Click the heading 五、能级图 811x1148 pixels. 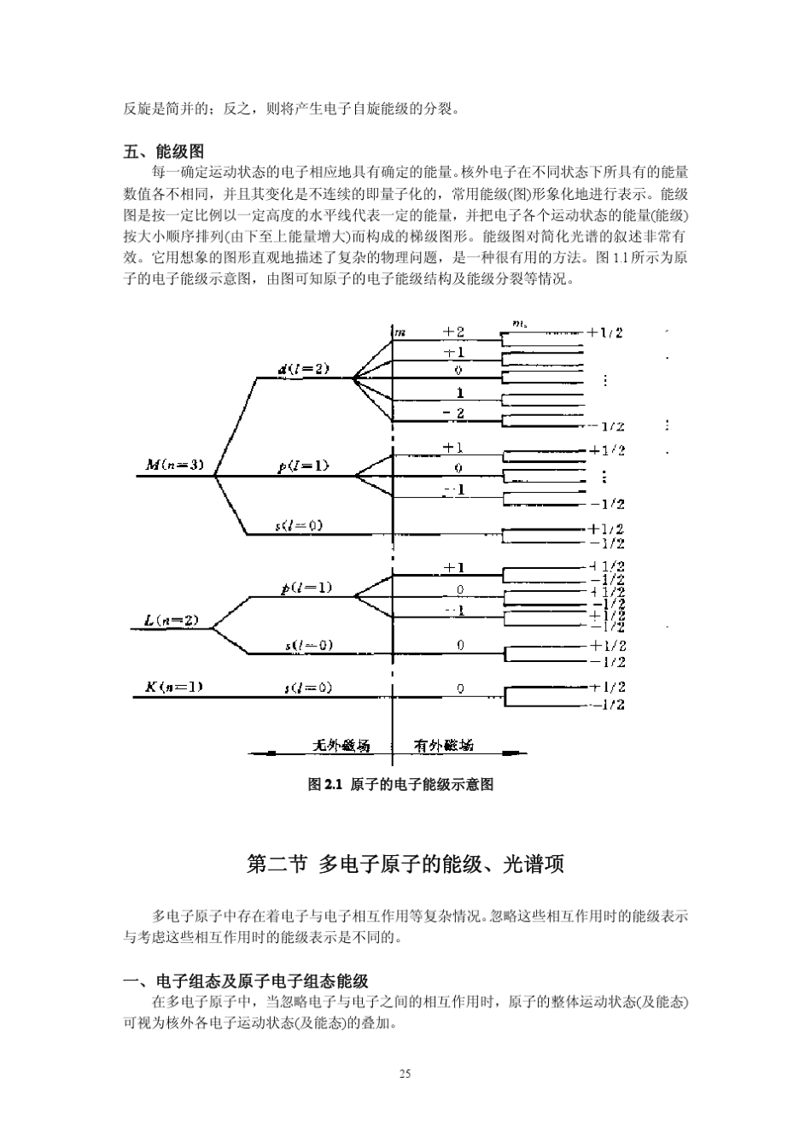(x=164, y=152)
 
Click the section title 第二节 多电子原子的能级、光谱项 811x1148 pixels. (x=405, y=864)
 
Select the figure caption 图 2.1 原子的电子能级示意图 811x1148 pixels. (x=400, y=784)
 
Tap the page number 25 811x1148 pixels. (x=405, y=1073)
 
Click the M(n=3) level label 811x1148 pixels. (x=174, y=466)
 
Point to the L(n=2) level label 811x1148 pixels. (x=171, y=620)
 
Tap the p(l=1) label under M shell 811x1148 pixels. (x=303, y=466)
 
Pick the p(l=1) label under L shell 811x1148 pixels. (x=306, y=588)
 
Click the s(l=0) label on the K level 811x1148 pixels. (x=307, y=687)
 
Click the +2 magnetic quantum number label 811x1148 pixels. (x=453, y=331)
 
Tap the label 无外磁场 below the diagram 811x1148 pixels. (x=341, y=746)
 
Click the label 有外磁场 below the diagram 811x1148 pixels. (x=443, y=746)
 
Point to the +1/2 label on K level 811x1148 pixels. (x=607, y=687)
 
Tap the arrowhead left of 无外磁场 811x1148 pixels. (x=268, y=754)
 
